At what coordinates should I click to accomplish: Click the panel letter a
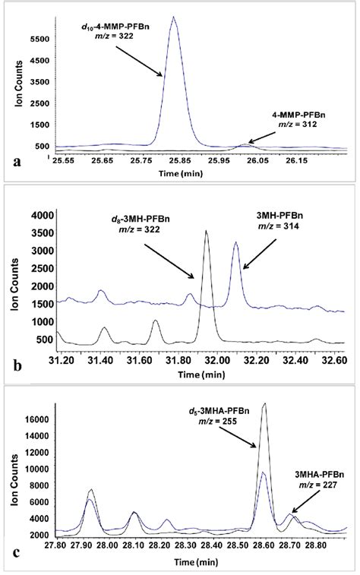(17, 161)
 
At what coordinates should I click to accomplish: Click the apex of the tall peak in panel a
(174, 17)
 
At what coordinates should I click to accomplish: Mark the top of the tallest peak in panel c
(264, 404)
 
